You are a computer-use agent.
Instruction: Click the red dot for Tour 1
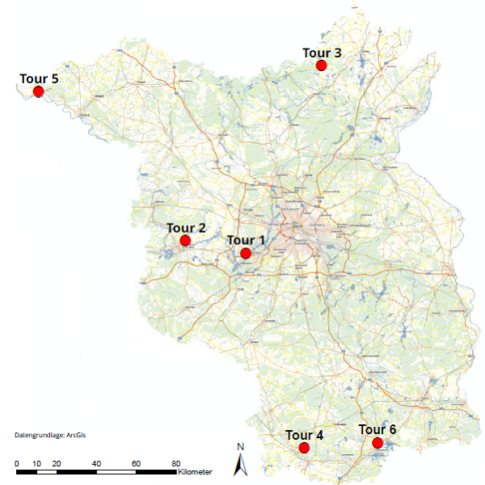[246, 254]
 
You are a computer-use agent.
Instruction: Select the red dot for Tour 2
[185, 240]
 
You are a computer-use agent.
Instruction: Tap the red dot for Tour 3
[321, 65]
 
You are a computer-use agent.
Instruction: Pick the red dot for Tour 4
[304, 448]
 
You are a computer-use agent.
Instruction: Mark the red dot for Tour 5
[38, 91]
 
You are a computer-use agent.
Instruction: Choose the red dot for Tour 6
[377, 442]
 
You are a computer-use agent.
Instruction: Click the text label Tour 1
[246, 240]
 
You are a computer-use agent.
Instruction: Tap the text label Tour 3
[322, 53]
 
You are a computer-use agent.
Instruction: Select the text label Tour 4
[304, 435]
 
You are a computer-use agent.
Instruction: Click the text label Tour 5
[39, 78]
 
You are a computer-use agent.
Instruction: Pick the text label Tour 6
[377, 429]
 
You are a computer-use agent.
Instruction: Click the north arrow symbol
[240, 464]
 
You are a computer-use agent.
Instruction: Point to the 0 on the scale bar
[17, 463]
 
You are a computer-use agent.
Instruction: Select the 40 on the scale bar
[96, 463]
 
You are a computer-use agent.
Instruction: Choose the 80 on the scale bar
[175, 463]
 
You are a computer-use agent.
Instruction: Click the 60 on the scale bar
[136, 463]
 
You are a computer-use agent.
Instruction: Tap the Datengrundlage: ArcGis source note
[50, 436]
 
